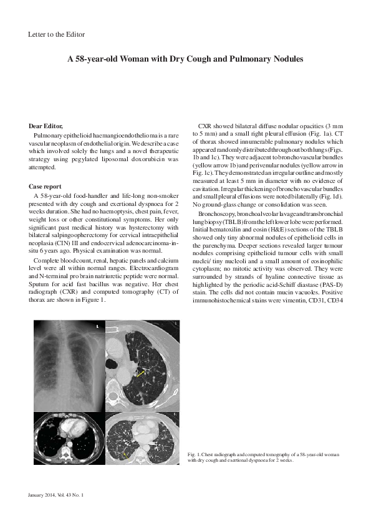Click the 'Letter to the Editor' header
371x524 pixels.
(57, 34)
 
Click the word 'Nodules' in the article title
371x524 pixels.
(283, 60)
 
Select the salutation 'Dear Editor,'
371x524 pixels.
(46, 126)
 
